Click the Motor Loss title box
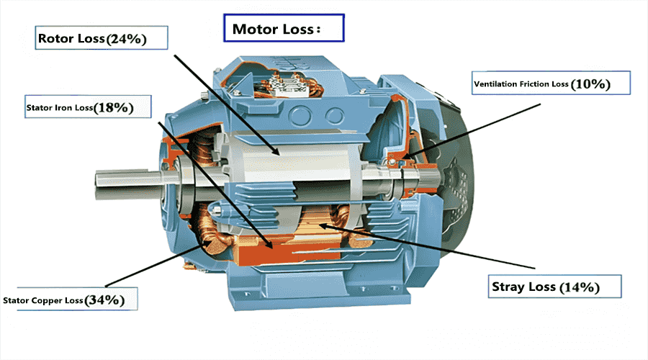point(284,29)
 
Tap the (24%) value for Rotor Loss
point(127,40)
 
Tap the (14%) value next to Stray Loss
point(580,287)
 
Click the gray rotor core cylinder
point(288,155)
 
